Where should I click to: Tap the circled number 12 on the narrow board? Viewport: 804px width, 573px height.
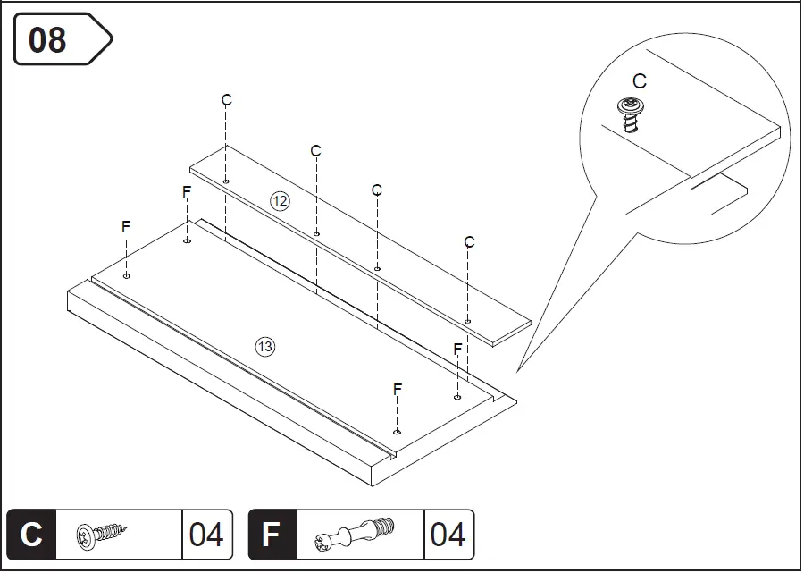(281, 201)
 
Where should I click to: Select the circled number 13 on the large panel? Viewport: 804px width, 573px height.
(265, 347)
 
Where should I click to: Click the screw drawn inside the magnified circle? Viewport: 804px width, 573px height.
(630, 113)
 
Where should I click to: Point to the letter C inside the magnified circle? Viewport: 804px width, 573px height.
(639, 82)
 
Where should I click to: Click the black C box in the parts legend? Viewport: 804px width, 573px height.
(31, 535)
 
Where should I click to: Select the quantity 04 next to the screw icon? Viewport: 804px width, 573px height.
(206, 535)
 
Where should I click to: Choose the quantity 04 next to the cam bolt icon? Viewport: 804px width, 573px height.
(448, 535)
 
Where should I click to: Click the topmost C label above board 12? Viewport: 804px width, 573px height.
(227, 100)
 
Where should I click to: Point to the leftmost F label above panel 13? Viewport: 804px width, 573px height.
(126, 227)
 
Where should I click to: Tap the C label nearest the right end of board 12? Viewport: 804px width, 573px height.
(469, 242)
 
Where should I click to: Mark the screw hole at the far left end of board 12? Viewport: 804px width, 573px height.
(227, 181)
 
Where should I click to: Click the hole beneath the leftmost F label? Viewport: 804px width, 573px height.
(127, 276)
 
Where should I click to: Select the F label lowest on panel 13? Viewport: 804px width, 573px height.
(398, 389)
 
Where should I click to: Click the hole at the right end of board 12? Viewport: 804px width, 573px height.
(468, 321)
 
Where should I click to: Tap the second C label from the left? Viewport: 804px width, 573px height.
(315, 151)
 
